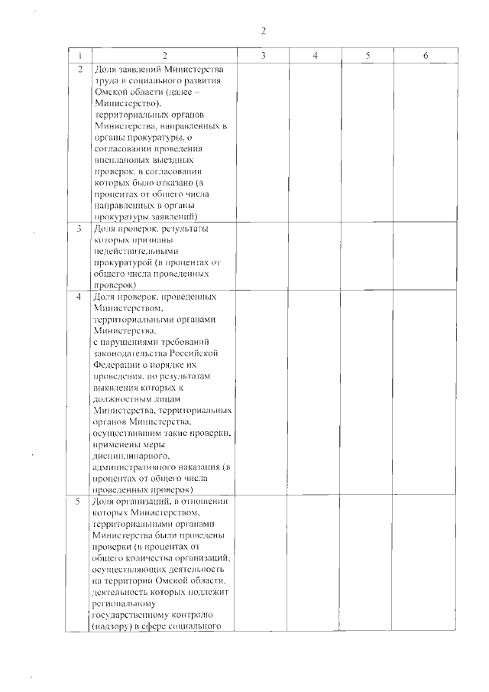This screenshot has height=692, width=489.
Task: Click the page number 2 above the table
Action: click(263, 31)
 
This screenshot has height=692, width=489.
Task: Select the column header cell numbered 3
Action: click(263, 56)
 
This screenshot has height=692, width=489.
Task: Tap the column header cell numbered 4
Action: click(316, 56)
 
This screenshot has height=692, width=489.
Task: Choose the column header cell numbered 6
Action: click(426, 56)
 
